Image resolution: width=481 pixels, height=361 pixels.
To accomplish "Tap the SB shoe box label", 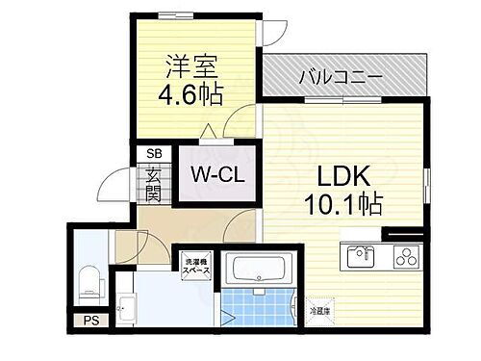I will [154, 153].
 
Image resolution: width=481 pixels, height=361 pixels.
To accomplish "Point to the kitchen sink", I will [363, 256].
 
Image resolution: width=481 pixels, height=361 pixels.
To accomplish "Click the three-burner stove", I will [405, 257].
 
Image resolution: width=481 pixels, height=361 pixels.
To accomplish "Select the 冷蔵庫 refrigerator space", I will [320, 311].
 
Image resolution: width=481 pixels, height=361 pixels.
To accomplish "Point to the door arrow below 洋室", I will [206, 133].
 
